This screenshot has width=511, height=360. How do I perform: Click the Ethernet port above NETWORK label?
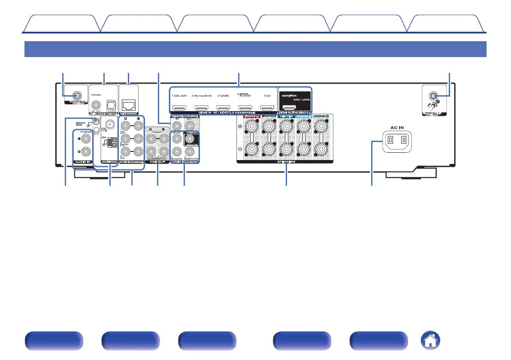coord(129,104)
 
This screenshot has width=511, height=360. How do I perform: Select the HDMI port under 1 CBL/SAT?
coord(178,109)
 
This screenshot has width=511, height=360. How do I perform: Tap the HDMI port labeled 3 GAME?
coord(223,109)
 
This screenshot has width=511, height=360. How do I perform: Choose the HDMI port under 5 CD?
coord(267,109)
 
